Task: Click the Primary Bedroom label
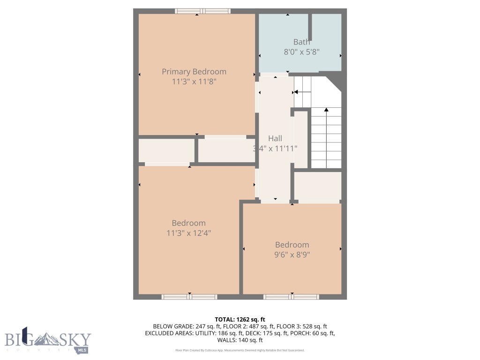pos(194,72)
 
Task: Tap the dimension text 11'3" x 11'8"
pos(194,82)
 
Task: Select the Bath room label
pos(301,42)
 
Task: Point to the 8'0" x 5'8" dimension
pos(301,52)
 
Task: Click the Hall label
pos(275,138)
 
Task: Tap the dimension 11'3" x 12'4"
pos(188,233)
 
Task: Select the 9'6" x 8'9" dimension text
pos(292,255)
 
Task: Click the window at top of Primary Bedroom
pos(196,11)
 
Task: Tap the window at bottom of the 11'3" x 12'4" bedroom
pos(189,297)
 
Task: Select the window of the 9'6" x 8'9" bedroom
pos(291,297)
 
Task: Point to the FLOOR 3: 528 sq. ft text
pos(302,326)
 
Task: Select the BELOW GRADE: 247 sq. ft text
pos(180,326)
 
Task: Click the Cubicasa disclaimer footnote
pos(240,350)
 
